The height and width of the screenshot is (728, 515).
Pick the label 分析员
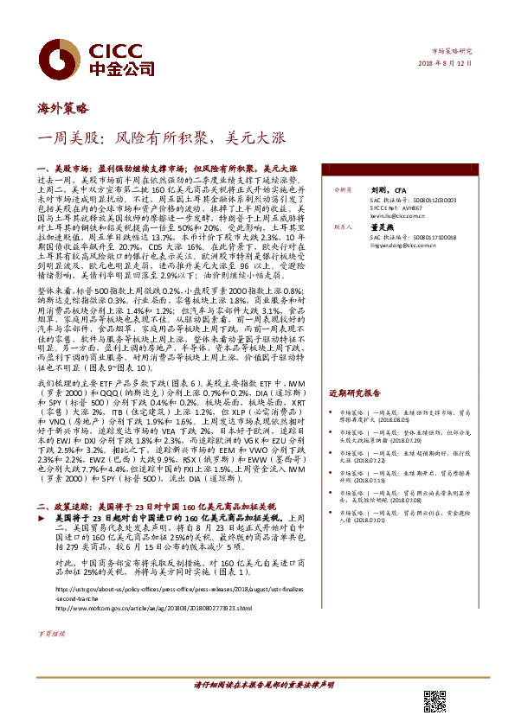(x=332, y=188)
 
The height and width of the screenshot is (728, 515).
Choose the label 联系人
(x=332, y=228)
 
